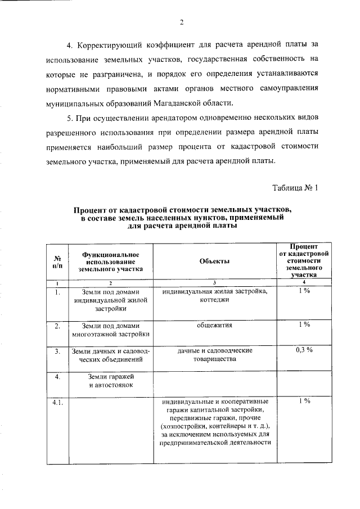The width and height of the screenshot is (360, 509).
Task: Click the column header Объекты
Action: click(x=214, y=262)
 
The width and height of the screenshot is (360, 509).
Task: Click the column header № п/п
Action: click(x=57, y=262)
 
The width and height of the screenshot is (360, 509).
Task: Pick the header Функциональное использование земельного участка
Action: click(x=110, y=262)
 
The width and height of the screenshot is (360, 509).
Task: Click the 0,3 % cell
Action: click(x=304, y=350)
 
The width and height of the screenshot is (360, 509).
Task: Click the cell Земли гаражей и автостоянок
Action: click(x=110, y=380)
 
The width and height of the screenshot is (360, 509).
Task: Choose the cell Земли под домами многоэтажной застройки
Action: click(x=110, y=330)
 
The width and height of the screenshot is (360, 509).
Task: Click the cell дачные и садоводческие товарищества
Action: click(x=214, y=354)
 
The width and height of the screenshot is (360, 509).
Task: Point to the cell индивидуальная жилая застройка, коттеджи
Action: click(x=214, y=296)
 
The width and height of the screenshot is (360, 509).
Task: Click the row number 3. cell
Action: click(x=57, y=351)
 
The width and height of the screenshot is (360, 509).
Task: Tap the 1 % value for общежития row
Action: click(x=304, y=325)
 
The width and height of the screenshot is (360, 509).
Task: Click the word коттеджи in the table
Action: click(x=214, y=300)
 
